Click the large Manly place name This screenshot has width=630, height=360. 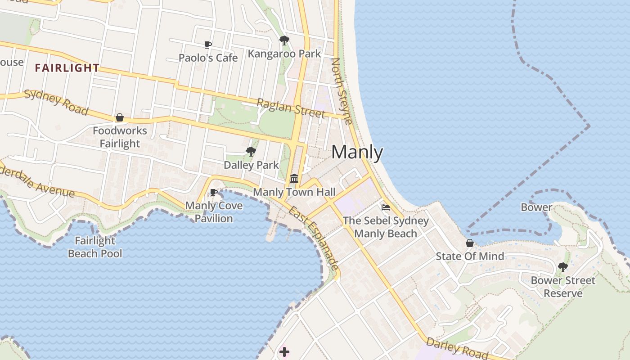pos(357,153)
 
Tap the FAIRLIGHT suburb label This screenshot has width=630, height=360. pos(67,68)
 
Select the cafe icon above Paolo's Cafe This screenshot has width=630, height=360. pos(208,45)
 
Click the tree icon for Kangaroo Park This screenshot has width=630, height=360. pos(284,40)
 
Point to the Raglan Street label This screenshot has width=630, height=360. pos(290,108)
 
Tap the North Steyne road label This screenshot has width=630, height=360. pos(342,90)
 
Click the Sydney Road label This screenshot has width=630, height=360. pos(56,102)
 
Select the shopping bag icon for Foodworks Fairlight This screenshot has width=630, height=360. pos(120,117)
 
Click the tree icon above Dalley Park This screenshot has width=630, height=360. pos(251,152)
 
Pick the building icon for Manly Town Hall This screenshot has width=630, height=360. pos(294,179)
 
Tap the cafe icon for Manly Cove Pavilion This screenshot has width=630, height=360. pos(214,193)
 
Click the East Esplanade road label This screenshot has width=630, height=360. pos(313,238)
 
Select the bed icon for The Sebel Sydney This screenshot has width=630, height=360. pos(386,207)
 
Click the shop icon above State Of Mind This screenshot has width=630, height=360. pos(470,243)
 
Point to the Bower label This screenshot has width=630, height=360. pos(536,207)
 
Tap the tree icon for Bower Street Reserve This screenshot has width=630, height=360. pos(562,267)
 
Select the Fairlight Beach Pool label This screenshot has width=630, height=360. pos(95,247)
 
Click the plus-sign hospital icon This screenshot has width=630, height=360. pos(284,352)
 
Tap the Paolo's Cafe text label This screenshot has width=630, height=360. pos(208,58)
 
